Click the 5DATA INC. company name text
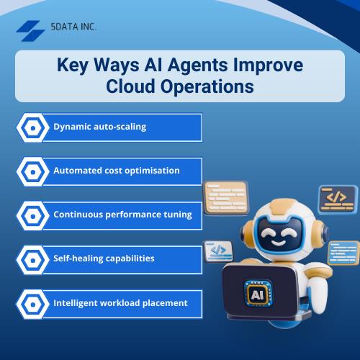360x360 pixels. coord(75,26)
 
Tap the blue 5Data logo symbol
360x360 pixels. coord(31,30)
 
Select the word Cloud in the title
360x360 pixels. coord(135,86)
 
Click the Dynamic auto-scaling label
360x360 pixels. coord(99,127)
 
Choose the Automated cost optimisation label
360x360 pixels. coord(116,171)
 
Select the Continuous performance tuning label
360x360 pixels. coord(122,214)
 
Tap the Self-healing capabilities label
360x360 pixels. coord(104,258)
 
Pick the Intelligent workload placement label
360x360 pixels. coord(120,302)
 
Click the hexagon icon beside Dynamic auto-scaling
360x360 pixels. coord(32,127)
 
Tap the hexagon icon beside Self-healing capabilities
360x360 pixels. coord(32,258)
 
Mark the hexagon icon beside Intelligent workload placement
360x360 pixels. coord(32,303)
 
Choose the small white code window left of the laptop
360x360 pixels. coord(217,251)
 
